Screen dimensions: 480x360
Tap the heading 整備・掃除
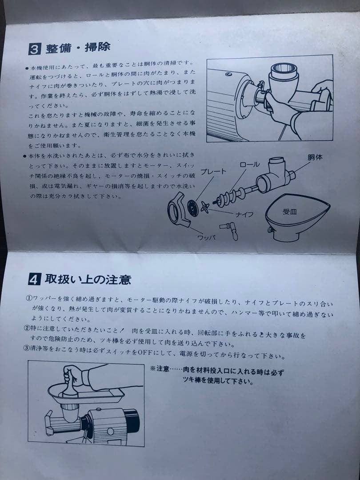(77, 48)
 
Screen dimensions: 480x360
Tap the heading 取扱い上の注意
(87, 280)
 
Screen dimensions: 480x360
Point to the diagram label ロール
(249, 164)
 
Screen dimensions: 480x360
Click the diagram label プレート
(214, 172)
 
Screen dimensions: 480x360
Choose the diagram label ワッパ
(206, 237)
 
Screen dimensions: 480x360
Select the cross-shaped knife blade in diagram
(205, 206)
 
